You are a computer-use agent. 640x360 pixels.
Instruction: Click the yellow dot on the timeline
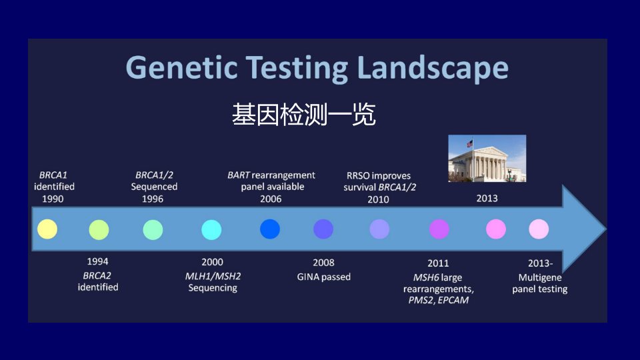coord(47,229)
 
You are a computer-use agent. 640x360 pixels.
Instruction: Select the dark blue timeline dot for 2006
coord(270,229)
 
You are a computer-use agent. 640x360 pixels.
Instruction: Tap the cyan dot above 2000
coord(211,230)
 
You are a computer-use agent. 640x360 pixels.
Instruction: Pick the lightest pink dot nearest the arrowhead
coord(539,229)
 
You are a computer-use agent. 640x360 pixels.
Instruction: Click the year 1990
coord(53,199)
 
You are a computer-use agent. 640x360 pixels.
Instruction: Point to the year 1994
coord(97,261)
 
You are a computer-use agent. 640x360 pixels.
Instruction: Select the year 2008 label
coord(324,263)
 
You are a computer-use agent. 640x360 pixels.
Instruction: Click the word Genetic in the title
coord(181,67)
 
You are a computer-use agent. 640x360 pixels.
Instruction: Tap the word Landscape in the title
coord(433,68)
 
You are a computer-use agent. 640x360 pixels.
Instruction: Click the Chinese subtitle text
coord(304,114)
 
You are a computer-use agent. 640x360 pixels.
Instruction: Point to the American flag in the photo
coord(470,144)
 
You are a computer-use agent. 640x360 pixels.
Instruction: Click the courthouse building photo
coord(487,159)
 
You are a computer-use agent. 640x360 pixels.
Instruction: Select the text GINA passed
coord(324,277)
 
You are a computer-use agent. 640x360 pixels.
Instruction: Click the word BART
coord(239,175)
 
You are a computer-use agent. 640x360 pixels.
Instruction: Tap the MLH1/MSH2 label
coord(213,276)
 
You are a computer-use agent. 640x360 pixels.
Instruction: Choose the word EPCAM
coord(453,301)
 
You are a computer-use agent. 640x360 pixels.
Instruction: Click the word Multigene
coord(540,278)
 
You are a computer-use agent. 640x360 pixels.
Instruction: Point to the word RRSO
coord(358,176)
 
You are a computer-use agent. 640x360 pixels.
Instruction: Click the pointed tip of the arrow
coord(607,229)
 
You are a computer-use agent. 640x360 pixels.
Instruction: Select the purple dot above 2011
coord(439,229)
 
